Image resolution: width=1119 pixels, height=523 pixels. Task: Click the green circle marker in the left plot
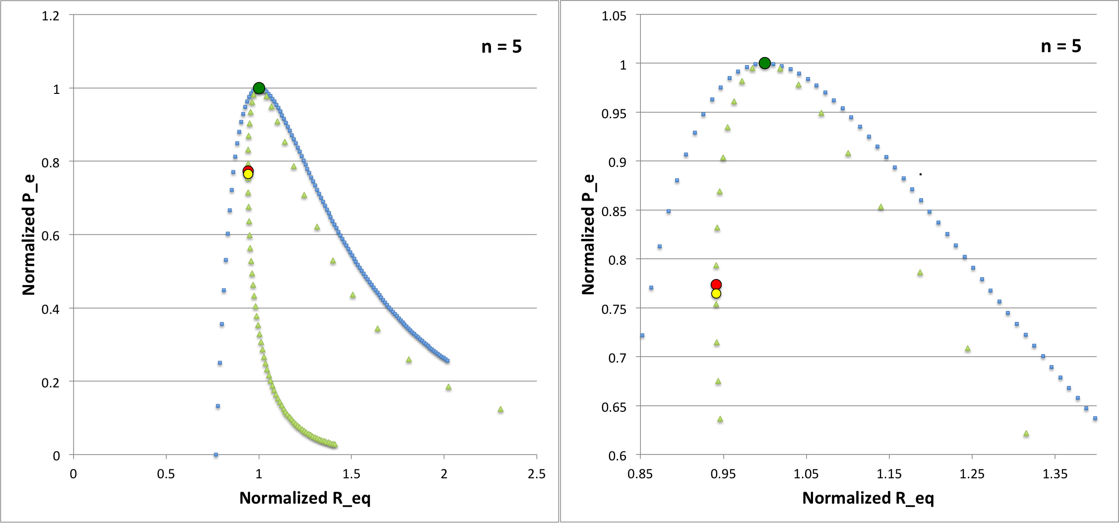(259, 88)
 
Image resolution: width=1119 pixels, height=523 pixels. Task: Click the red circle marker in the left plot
(248, 170)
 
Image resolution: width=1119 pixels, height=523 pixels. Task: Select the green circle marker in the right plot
(765, 63)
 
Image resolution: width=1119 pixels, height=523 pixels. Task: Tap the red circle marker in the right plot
(716, 285)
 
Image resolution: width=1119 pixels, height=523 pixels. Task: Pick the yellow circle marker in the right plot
(716, 294)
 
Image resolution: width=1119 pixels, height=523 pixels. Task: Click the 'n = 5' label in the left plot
(501, 47)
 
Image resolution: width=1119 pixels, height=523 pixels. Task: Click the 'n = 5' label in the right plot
(1061, 46)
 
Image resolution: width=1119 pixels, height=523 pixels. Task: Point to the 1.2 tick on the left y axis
(51, 16)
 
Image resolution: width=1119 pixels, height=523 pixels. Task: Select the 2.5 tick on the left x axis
(537, 474)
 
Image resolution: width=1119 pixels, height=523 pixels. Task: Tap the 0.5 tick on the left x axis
(166, 474)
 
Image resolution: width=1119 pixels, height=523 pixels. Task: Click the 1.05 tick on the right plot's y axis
(614, 16)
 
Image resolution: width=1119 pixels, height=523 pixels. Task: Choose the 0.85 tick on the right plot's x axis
(640, 474)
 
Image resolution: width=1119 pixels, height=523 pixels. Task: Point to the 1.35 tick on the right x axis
(1055, 474)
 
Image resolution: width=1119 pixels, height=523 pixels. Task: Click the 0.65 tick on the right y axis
(614, 407)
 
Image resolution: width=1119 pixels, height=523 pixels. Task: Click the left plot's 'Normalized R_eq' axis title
(305, 498)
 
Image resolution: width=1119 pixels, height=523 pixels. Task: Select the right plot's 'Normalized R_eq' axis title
(868, 498)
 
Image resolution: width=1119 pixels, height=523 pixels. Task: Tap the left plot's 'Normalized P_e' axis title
(29, 234)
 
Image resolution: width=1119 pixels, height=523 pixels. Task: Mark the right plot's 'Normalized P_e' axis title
(588, 234)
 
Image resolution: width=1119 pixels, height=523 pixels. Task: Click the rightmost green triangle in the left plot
(500, 409)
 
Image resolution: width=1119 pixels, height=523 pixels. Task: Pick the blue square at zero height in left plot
(216, 454)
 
